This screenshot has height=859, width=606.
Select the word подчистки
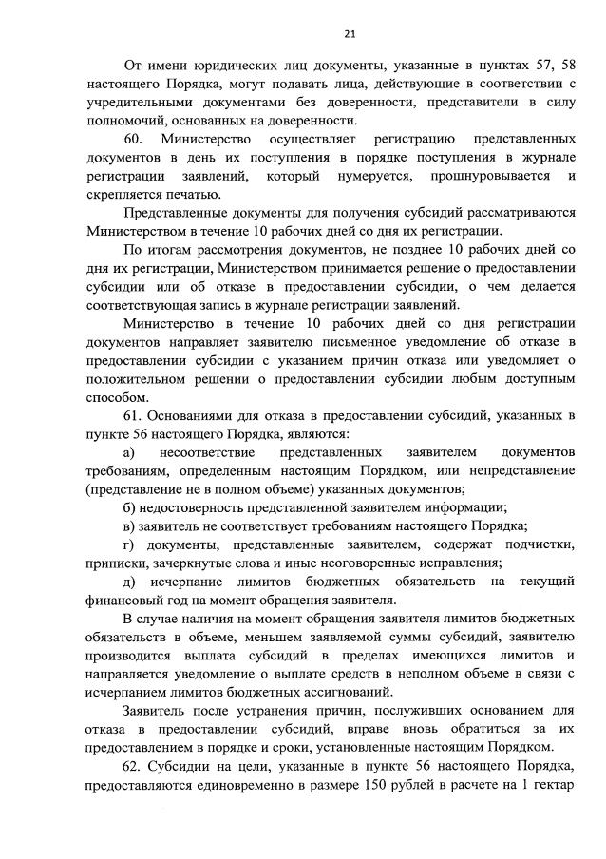(538, 544)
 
